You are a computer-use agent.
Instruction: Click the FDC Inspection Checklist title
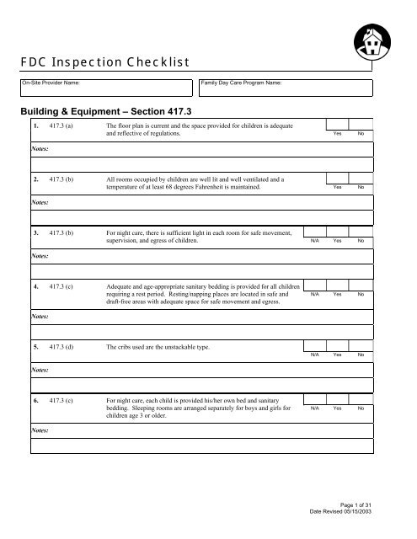coord(106,61)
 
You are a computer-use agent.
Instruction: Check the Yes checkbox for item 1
coord(337,125)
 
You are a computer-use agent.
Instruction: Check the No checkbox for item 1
coord(361,125)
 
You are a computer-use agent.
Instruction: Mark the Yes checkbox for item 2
coord(337,178)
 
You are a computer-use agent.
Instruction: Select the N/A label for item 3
coord(313,241)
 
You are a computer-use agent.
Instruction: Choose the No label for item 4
coord(361,294)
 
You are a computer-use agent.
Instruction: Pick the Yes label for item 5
coord(337,355)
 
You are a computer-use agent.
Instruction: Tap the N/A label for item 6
coord(313,408)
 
